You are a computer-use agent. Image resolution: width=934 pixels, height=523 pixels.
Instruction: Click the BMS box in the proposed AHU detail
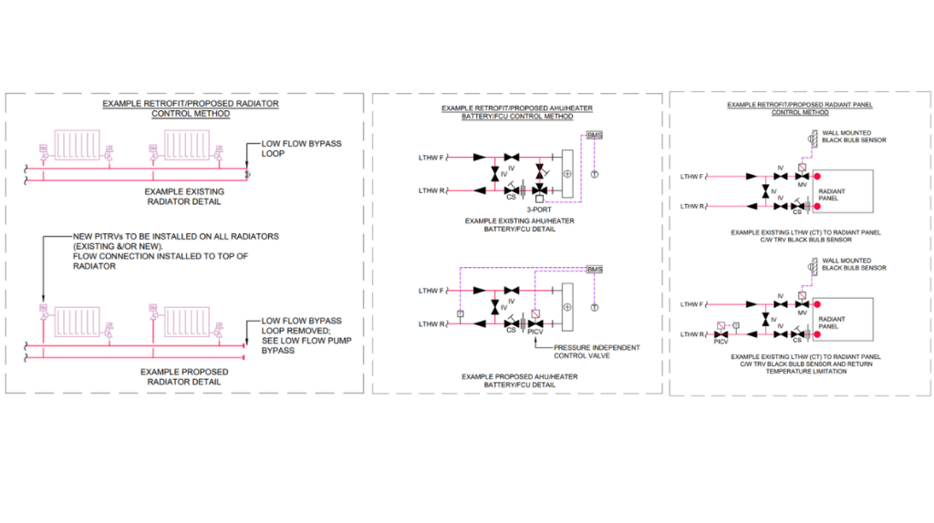pos(595,269)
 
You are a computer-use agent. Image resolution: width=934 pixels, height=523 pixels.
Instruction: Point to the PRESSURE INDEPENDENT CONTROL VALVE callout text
pos(585,352)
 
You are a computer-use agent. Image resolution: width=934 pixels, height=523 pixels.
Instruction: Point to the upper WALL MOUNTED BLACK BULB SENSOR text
pos(854,138)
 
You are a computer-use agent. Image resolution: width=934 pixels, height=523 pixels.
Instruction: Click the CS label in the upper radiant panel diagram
pos(796,212)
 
